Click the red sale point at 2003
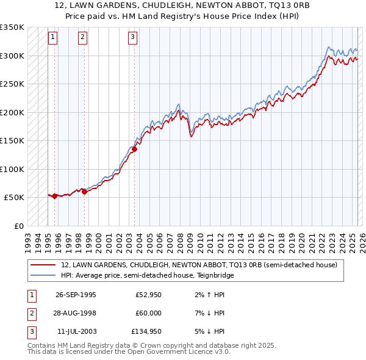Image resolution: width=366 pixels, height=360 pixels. (135, 149)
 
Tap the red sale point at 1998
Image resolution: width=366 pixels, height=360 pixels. (85, 192)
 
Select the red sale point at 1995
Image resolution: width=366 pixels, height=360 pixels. (55, 196)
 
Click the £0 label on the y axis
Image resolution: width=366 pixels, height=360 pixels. (19, 226)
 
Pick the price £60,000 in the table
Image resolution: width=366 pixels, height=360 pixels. (149, 313)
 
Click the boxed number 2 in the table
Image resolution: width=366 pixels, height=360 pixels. (31, 313)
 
